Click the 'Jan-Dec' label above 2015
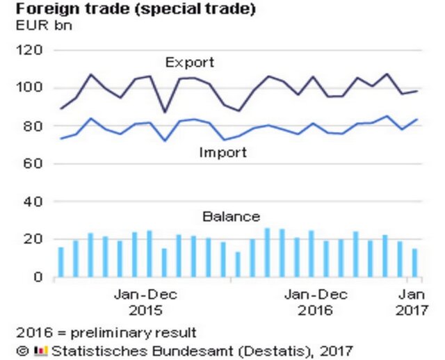pos(145,294)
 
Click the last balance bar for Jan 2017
pos(415,263)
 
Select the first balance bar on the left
pos(61,262)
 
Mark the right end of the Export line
pos(416,91)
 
